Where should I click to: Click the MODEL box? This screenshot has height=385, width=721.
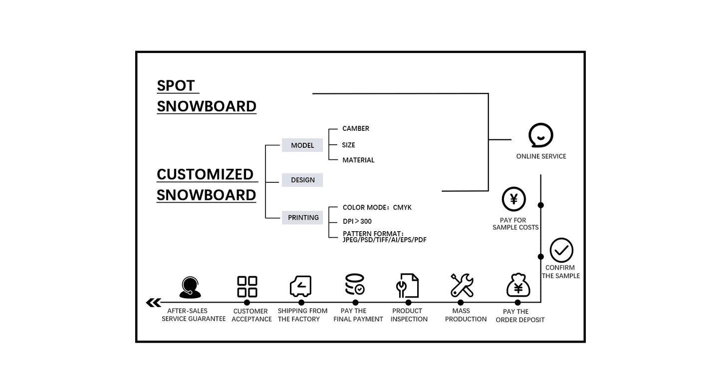302,145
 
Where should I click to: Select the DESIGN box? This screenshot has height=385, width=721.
302,180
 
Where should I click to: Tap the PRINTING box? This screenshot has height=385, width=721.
302,218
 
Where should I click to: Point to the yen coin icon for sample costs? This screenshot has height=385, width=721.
514,199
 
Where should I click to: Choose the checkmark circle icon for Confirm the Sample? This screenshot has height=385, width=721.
561,250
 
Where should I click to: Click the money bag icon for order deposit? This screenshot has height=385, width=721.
518,286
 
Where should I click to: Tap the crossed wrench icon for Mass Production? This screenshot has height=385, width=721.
462,285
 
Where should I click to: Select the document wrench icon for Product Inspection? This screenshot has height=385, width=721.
407,286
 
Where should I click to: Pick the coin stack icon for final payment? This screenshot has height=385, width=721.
355,284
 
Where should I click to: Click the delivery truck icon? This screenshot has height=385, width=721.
301,286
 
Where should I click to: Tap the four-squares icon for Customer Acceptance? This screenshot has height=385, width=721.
247,287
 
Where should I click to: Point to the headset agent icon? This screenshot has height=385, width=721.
190,287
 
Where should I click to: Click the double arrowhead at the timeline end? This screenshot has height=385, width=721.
154,303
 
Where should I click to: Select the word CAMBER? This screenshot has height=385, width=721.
356,129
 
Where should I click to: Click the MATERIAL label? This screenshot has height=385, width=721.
358,160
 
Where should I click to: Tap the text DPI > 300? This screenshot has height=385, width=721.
357,221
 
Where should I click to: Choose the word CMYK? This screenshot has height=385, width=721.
402,207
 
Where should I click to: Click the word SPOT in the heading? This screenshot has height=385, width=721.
176,86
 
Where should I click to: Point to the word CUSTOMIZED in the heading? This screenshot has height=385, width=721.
205,174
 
